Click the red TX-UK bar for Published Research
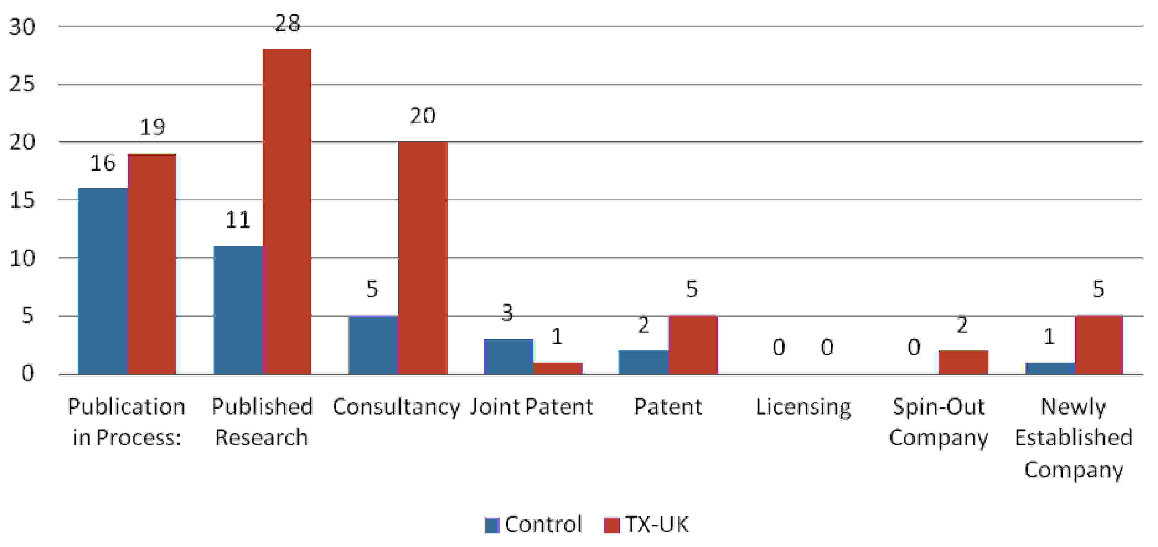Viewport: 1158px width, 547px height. tap(287, 211)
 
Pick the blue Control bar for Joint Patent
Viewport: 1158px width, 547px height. tap(508, 356)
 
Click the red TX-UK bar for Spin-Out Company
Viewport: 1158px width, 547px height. tap(963, 362)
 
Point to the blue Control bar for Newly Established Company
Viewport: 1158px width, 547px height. tap(1050, 368)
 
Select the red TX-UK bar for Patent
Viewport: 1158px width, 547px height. tap(693, 345)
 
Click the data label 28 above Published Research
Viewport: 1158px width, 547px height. tap(288, 23)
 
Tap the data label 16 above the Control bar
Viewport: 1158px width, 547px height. tap(103, 163)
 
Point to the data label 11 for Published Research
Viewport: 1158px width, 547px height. tap(238, 220)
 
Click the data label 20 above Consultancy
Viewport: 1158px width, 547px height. tap(423, 116)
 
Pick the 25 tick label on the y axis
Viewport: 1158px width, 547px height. tap(22, 84)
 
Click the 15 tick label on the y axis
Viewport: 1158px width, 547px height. tap(22, 200)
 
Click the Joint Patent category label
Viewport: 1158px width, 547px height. tap(532, 407)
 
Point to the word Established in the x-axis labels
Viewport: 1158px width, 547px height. tap(1074, 438)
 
